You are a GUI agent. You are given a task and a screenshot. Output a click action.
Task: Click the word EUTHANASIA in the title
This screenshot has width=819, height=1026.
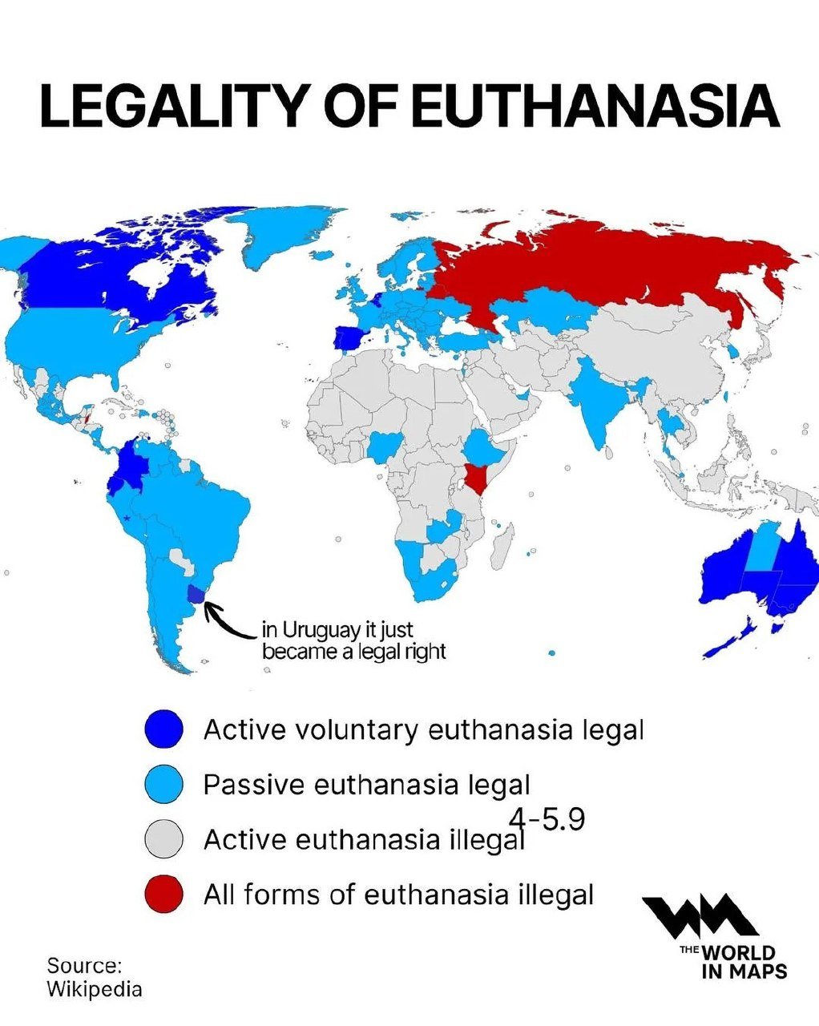coord(597,107)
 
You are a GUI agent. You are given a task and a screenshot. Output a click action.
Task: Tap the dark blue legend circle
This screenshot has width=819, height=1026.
coord(164,729)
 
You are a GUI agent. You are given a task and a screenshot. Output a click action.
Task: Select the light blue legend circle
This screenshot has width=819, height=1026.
coord(164,784)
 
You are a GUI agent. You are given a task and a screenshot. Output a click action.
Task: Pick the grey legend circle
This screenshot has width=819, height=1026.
coord(164,839)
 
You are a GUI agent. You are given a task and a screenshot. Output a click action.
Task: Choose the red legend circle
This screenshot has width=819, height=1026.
coord(164,894)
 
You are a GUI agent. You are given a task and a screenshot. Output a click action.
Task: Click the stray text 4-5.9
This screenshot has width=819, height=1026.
coord(547,819)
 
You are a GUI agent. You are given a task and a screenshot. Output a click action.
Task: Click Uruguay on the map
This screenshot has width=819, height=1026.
coord(196,594)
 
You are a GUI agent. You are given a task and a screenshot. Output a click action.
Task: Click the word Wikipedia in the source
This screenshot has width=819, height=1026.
coord(94,988)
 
